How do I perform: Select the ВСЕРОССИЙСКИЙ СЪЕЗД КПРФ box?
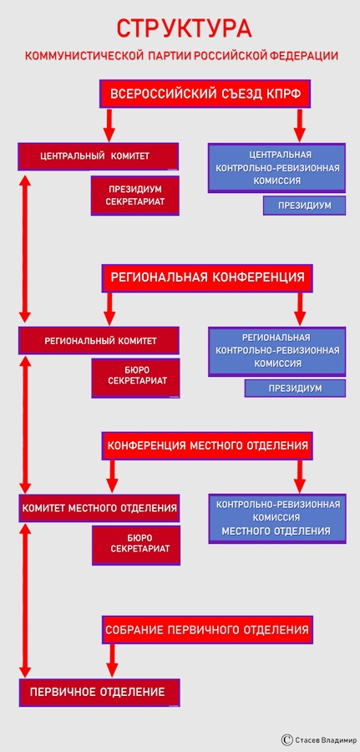click(x=205, y=94)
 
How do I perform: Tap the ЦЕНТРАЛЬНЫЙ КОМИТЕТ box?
click(x=99, y=156)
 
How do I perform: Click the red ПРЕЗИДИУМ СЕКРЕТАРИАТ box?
click(x=135, y=196)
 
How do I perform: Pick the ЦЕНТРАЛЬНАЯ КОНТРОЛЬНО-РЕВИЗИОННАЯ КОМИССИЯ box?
click(x=277, y=168)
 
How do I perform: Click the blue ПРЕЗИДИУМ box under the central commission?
click(x=304, y=206)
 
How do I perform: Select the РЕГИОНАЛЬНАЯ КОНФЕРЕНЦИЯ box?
click(x=207, y=277)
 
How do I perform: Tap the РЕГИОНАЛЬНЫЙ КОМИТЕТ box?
click(x=99, y=341)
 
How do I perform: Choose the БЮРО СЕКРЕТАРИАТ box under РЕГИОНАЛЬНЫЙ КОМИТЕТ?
click(x=136, y=378)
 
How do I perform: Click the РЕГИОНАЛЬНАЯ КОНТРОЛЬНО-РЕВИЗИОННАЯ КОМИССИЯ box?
click(x=277, y=351)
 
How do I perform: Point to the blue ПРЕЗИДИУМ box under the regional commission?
click(x=296, y=388)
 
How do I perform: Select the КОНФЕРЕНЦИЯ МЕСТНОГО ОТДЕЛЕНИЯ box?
click(x=207, y=445)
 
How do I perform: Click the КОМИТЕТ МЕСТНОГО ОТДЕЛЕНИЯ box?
click(x=99, y=508)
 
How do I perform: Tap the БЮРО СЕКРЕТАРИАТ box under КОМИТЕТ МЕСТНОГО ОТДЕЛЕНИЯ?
click(x=137, y=546)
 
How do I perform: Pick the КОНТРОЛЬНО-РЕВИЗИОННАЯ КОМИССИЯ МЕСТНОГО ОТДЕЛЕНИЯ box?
click(x=277, y=518)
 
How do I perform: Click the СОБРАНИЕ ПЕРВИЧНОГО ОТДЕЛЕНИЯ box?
click(x=207, y=630)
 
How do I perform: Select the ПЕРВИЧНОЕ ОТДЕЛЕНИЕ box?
click(x=99, y=693)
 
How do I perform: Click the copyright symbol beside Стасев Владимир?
click(x=287, y=740)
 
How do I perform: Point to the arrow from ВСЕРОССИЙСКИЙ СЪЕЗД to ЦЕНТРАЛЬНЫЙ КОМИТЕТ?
click(x=109, y=125)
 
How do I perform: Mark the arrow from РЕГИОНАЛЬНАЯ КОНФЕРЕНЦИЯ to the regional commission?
click(x=300, y=309)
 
